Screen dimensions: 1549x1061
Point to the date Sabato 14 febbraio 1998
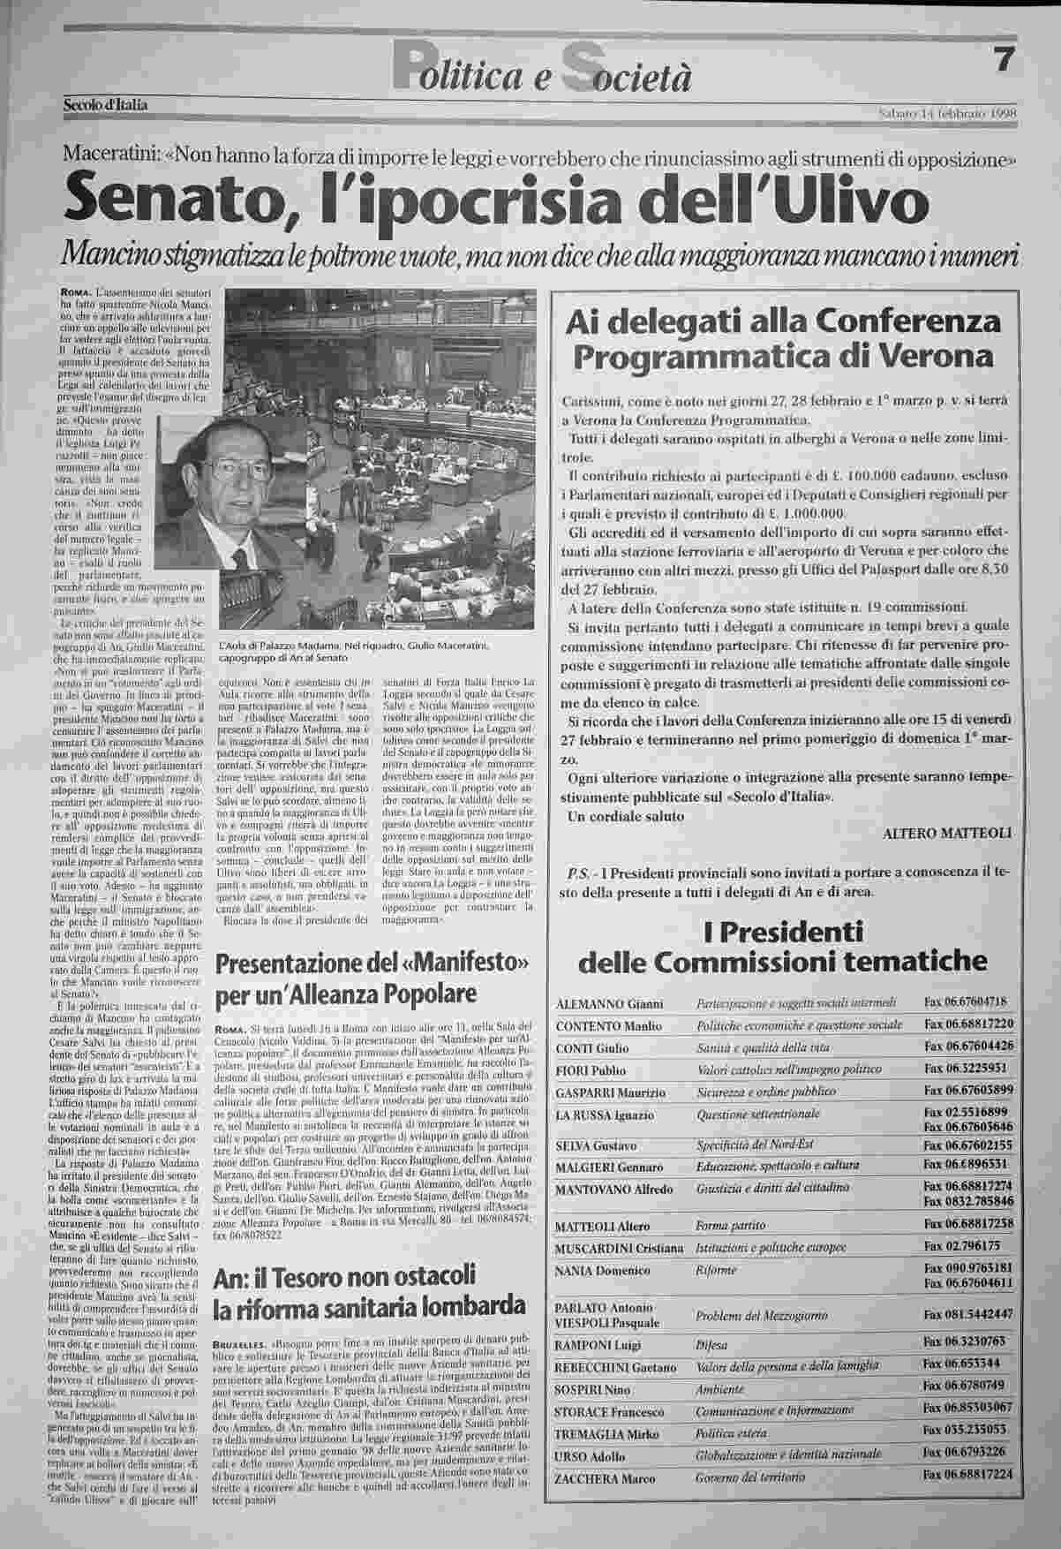click(949, 112)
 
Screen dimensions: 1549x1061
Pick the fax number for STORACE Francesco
click(967, 1407)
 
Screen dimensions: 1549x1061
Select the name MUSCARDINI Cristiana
click(620, 1248)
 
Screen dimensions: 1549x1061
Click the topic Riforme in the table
click(716, 1270)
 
